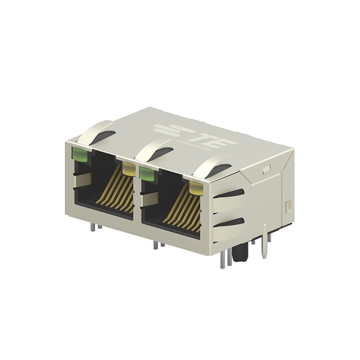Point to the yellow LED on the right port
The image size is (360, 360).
click(196, 186)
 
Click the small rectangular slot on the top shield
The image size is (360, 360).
click(266, 170)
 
